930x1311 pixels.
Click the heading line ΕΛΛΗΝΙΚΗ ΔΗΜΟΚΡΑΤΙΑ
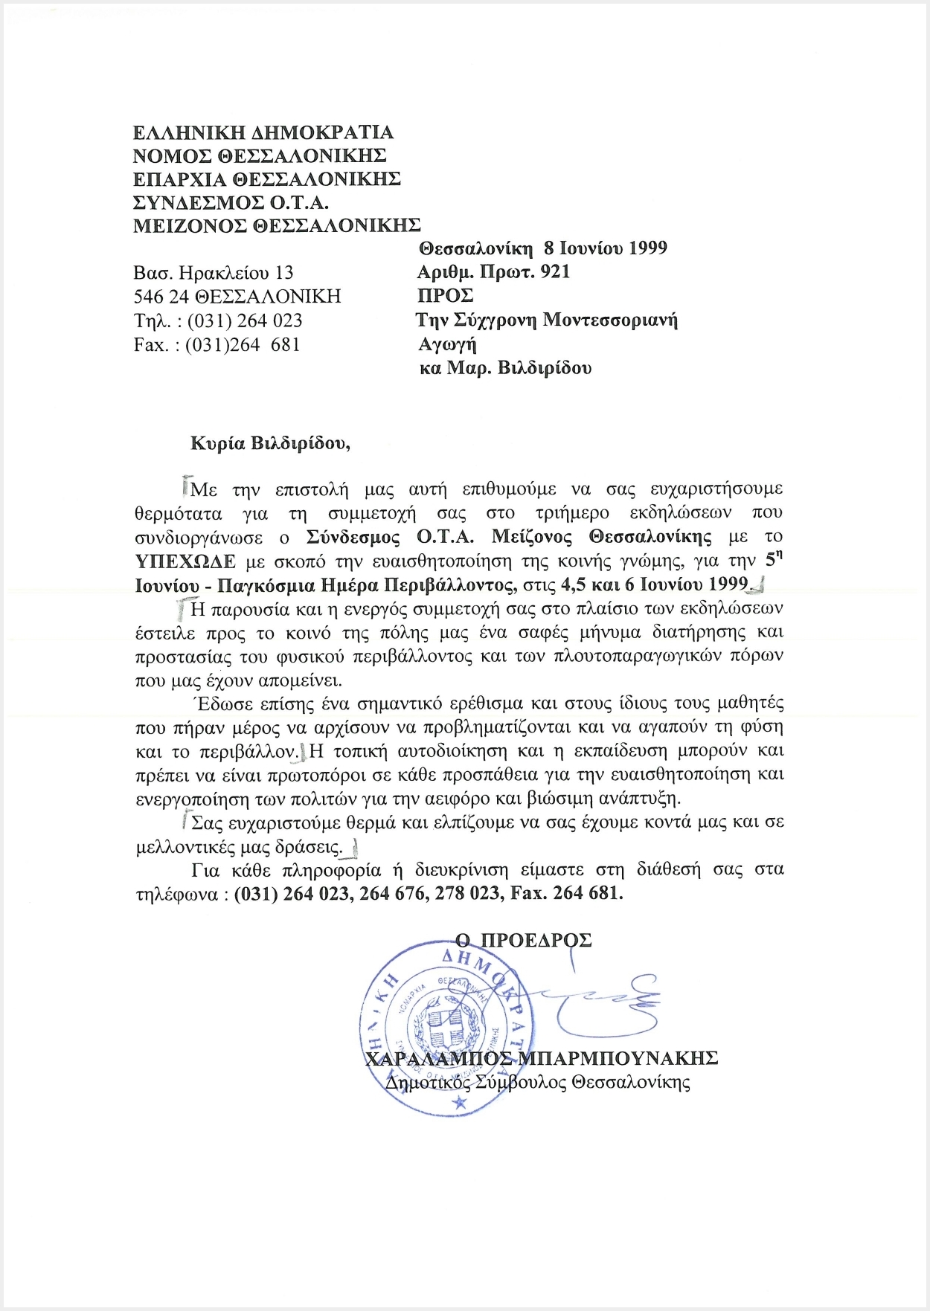click(263, 132)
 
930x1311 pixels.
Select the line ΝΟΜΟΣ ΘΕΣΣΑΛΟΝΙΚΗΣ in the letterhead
click(259, 155)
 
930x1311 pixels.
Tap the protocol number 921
click(555, 271)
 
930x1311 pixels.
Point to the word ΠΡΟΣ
click(445, 295)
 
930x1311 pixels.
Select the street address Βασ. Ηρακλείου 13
click(214, 273)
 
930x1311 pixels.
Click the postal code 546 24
click(161, 297)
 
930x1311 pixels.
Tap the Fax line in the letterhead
click(217, 344)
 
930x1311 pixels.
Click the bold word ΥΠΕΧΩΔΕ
click(185, 560)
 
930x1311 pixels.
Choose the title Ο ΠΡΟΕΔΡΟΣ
click(523, 940)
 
